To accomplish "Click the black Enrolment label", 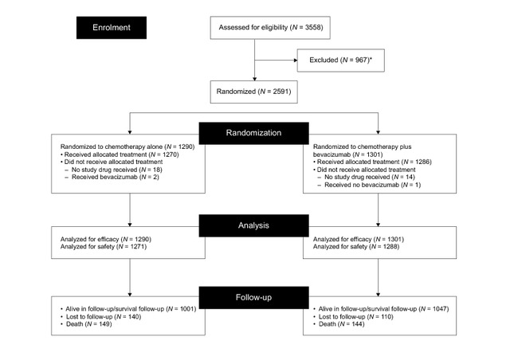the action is (x=112, y=28).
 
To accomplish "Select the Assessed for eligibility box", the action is (x=270, y=28).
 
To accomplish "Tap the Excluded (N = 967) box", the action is (x=340, y=61).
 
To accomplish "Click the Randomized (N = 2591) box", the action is (x=253, y=92).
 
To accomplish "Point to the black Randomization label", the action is (x=253, y=133).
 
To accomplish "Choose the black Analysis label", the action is (x=253, y=225).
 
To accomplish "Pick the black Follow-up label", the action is (x=253, y=297).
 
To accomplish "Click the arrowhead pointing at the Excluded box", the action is (x=296, y=61).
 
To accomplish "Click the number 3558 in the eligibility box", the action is (x=314, y=27).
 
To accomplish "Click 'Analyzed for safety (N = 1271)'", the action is (x=104, y=247).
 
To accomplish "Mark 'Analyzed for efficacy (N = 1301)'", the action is (x=359, y=240).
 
